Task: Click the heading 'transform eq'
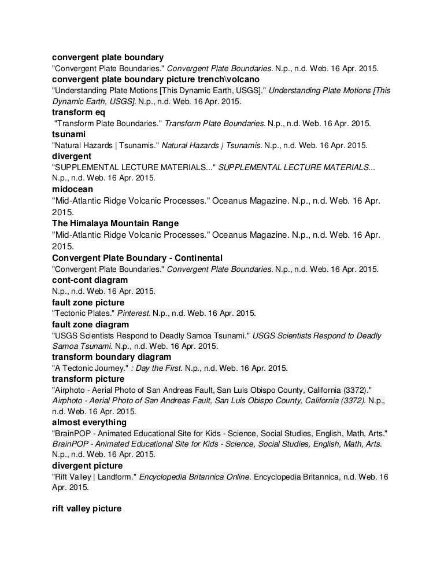click(x=78, y=112)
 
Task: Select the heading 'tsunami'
click(x=69, y=134)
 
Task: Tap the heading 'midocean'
click(x=72, y=189)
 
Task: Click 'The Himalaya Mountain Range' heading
click(x=115, y=223)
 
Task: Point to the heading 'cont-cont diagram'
click(x=90, y=280)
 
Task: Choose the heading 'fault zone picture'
click(x=88, y=303)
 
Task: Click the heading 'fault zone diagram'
click(x=90, y=325)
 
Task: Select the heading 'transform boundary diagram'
click(x=111, y=357)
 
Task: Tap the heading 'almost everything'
click(x=89, y=422)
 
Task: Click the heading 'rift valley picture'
click(x=87, y=509)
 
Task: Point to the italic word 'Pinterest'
click(x=134, y=314)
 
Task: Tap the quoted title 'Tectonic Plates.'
click(x=83, y=314)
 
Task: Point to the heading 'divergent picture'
click(x=87, y=466)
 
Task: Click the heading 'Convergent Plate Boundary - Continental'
click(x=137, y=257)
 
